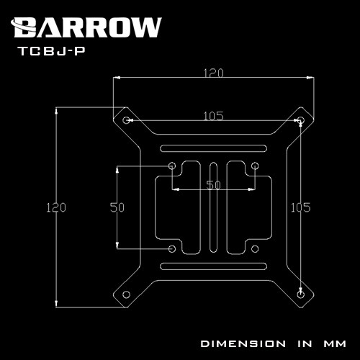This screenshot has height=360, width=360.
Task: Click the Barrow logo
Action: (86, 27)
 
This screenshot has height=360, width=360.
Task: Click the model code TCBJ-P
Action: (52, 51)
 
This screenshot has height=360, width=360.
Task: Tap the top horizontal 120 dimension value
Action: (213, 73)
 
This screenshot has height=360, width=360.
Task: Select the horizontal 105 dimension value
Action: (213, 116)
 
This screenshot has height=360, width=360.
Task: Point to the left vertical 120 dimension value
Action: (56, 207)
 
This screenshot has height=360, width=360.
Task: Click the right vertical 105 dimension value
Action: (300, 207)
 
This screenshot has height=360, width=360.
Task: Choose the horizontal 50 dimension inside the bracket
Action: (213, 185)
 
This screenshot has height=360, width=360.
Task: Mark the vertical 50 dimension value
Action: (117, 207)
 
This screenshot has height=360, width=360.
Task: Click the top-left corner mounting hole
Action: (126, 120)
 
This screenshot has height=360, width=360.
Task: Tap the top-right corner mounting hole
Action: (301, 120)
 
